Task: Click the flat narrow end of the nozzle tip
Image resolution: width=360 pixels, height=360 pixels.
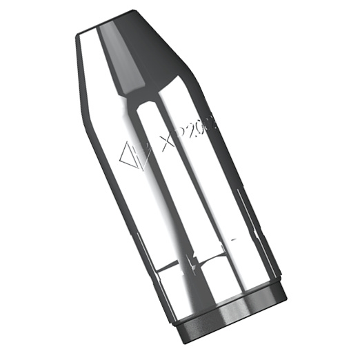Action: (x=114, y=21)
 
